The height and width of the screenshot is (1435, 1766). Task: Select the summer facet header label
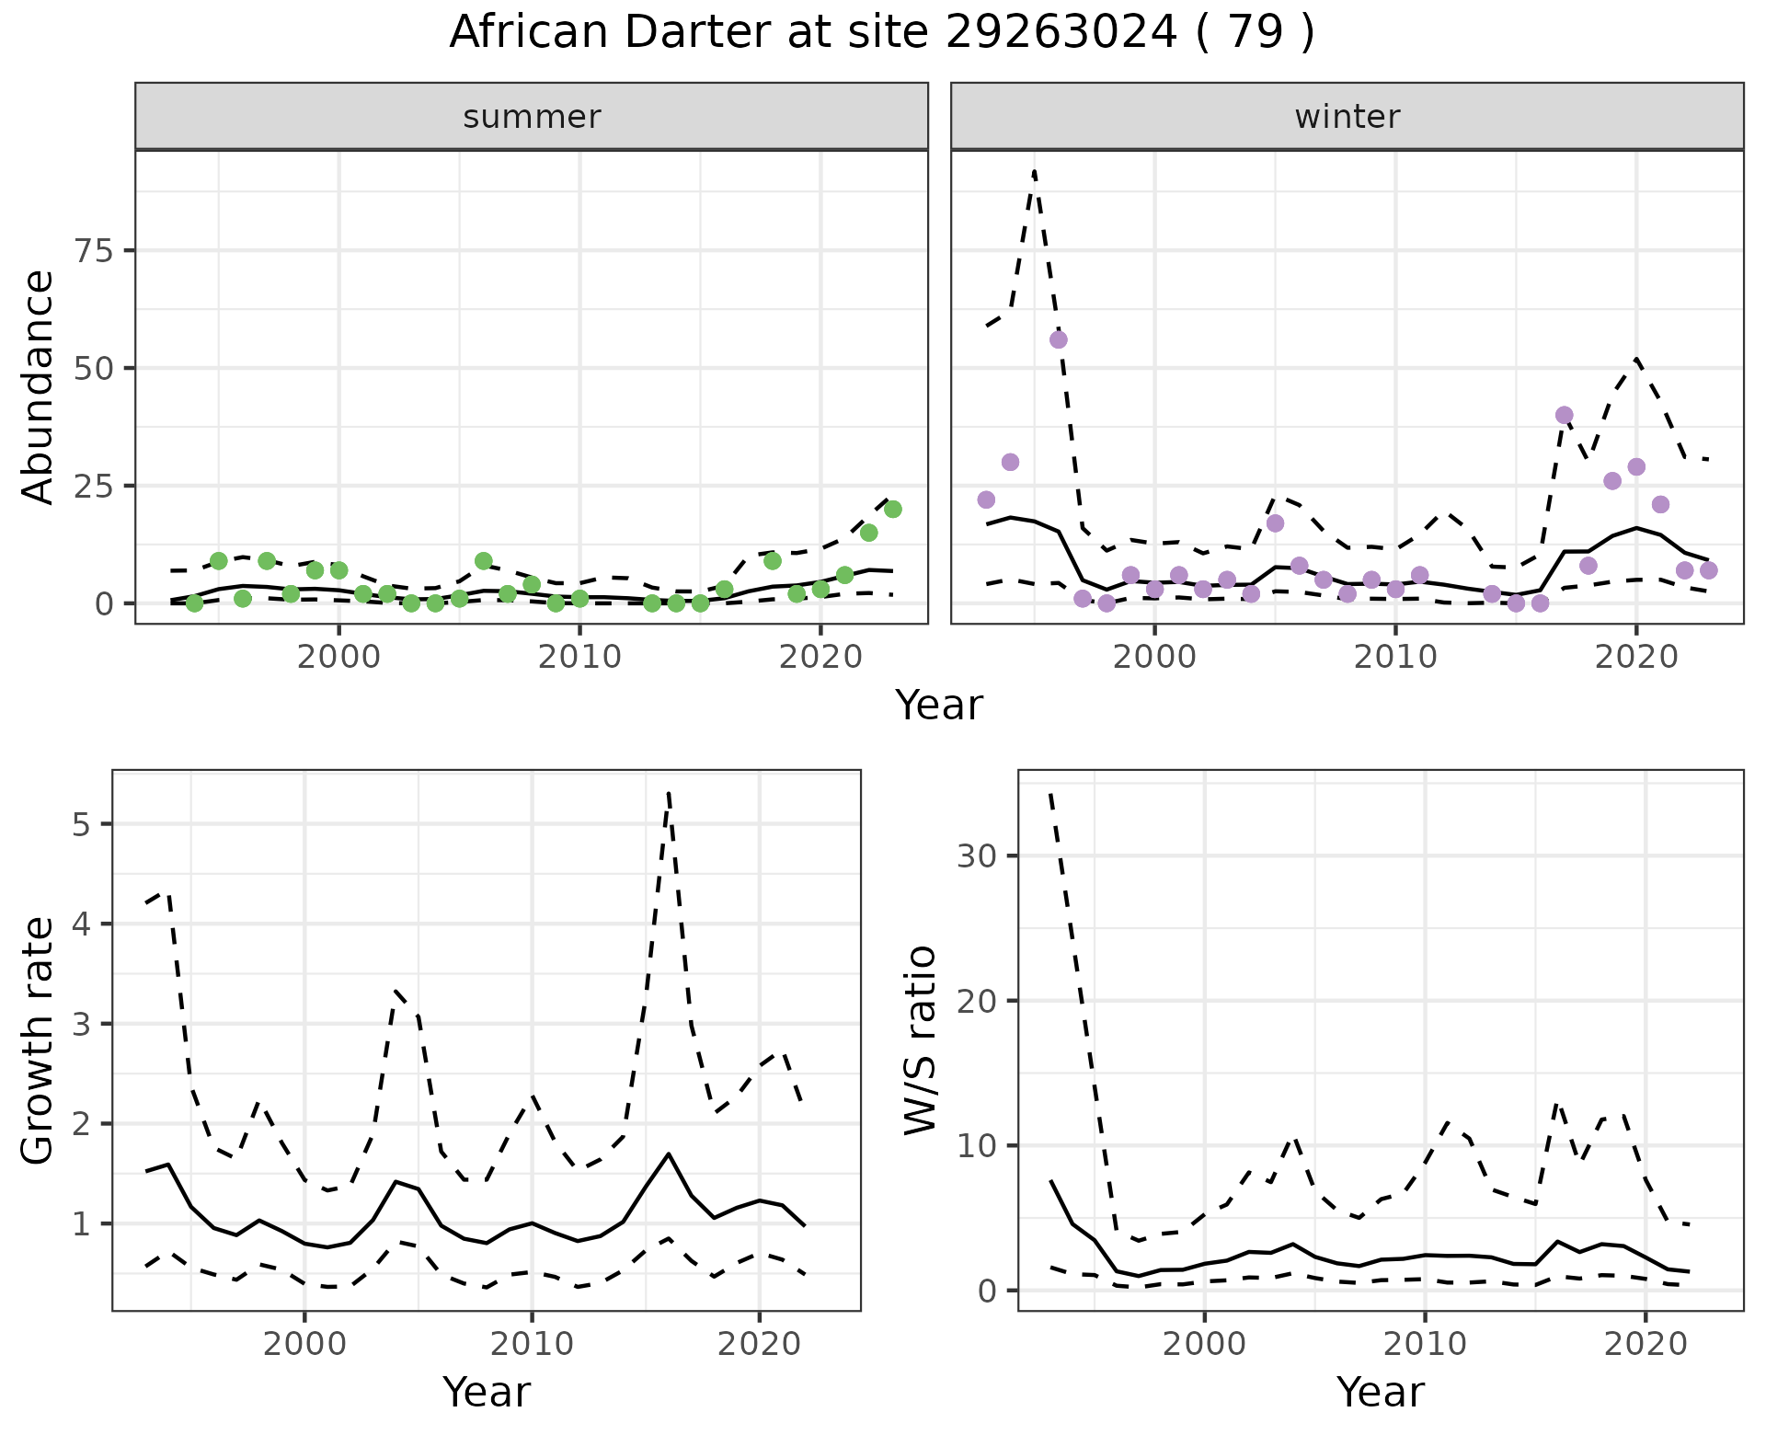tap(532, 117)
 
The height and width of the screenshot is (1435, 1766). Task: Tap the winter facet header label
tap(1347, 117)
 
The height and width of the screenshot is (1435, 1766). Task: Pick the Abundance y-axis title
tap(39, 386)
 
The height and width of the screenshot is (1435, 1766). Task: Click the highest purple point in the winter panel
tap(1058, 339)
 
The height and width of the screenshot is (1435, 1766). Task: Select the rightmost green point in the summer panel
tap(892, 510)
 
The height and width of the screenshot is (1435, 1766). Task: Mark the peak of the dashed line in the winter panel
tap(1035, 171)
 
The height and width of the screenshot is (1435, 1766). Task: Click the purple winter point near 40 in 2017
tap(1564, 415)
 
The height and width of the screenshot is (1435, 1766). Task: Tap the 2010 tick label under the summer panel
tap(579, 658)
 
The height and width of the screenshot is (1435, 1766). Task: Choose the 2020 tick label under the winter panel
tap(1635, 658)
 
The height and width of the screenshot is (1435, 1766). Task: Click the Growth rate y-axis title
tap(39, 1040)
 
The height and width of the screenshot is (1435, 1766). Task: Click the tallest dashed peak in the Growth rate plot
tap(669, 792)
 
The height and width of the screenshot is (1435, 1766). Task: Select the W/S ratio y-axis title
tap(920, 1040)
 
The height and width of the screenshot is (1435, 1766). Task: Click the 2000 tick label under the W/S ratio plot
tap(1204, 1344)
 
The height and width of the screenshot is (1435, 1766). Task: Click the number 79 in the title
tap(1255, 33)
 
